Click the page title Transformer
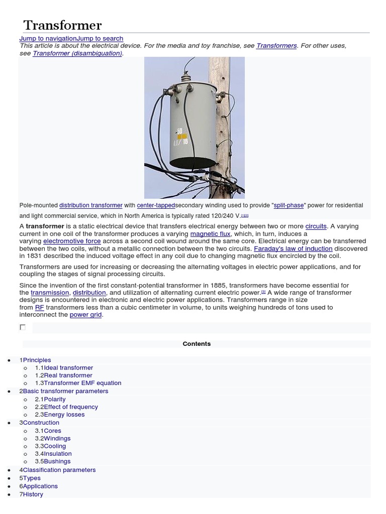(62, 25)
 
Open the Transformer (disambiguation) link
(77, 53)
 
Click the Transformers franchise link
(276, 46)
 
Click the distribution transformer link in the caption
(90, 205)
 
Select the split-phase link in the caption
(288, 205)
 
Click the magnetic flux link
(210, 234)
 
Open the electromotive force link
(72, 241)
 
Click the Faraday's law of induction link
(293, 248)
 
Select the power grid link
(85, 315)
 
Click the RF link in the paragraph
(39, 307)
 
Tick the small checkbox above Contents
(22, 327)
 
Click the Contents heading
(197, 344)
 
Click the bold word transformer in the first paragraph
(45, 226)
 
